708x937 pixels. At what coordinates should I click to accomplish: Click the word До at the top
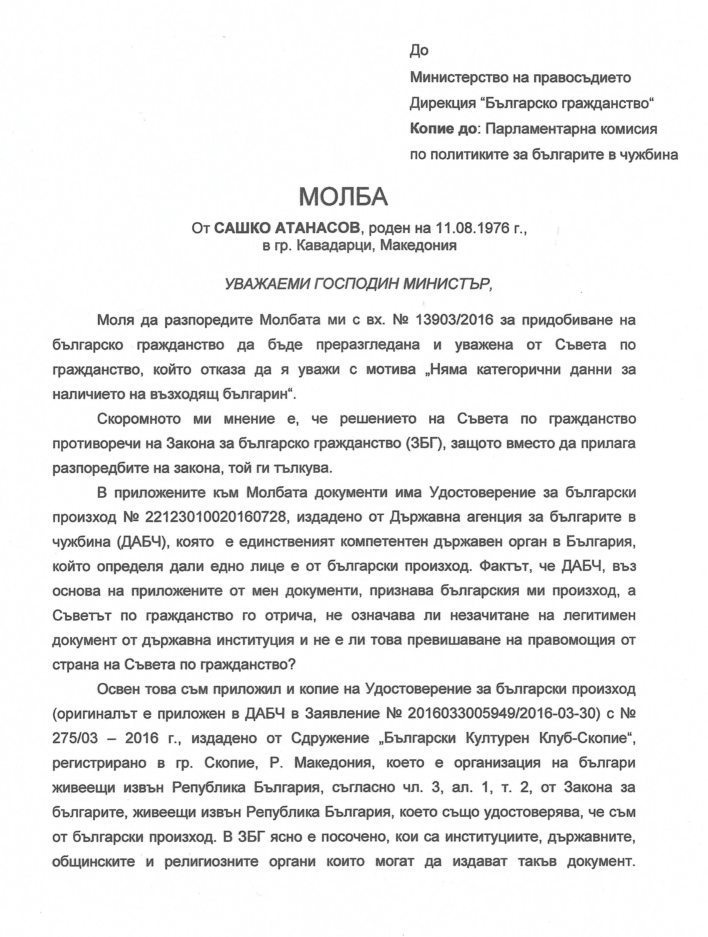click(419, 51)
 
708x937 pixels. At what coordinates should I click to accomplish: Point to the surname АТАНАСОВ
click(318, 228)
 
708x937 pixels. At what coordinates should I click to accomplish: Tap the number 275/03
click(75, 738)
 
